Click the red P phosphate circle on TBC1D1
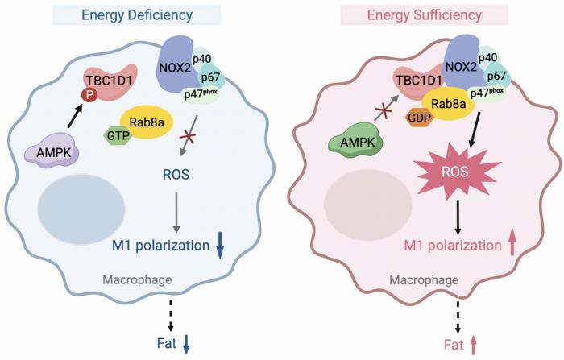pyautogui.click(x=82, y=95)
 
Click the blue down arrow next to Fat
pyautogui.click(x=187, y=345)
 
